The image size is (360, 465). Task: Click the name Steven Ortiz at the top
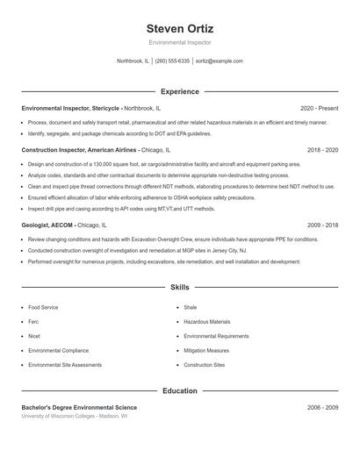pyautogui.click(x=180, y=29)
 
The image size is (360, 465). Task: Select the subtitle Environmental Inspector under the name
pyautogui.click(x=180, y=42)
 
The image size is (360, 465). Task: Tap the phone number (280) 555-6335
pyautogui.click(x=172, y=61)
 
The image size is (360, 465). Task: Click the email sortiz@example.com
pyautogui.click(x=219, y=61)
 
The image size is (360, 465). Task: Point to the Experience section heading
pyautogui.click(x=179, y=91)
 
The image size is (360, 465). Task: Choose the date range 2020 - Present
pyautogui.click(x=319, y=108)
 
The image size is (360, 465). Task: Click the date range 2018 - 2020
pyautogui.click(x=322, y=150)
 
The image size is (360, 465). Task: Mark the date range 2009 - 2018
pyautogui.click(x=322, y=225)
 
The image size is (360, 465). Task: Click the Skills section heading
pyautogui.click(x=179, y=287)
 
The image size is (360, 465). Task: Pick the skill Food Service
pyautogui.click(x=43, y=308)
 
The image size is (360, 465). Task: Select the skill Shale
pyautogui.click(x=191, y=308)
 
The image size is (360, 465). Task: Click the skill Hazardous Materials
pyautogui.click(x=207, y=322)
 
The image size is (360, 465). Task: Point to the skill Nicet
pyautogui.click(x=34, y=336)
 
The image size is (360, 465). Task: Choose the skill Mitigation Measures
pyautogui.click(x=206, y=350)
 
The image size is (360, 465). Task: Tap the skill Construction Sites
pyautogui.click(x=205, y=364)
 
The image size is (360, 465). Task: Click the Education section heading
pyautogui.click(x=179, y=390)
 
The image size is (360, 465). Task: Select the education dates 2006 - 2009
pyautogui.click(x=322, y=408)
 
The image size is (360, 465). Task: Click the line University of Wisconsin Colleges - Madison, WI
pyautogui.click(x=75, y=417)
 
